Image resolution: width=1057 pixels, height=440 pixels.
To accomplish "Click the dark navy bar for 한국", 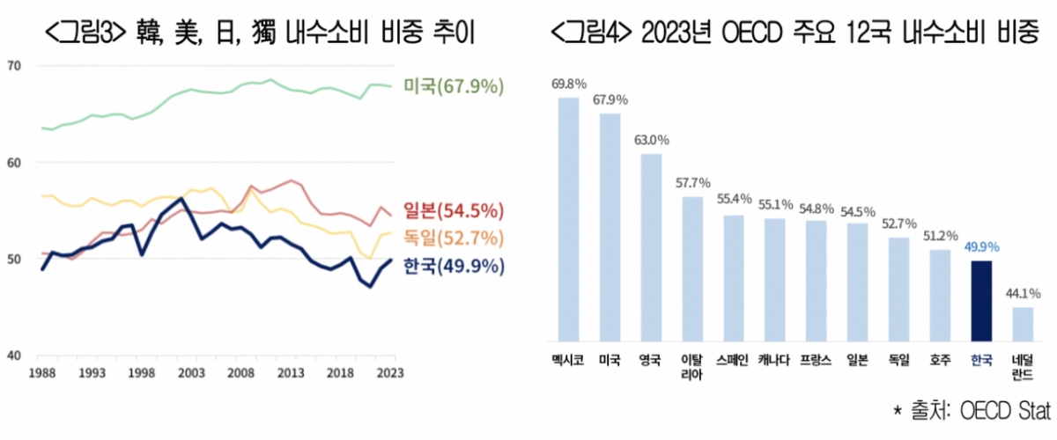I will [980, 301].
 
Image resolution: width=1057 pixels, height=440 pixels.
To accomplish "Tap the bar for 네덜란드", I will [1022, 324].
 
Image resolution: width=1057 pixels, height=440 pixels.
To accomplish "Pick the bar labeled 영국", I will [651, 247].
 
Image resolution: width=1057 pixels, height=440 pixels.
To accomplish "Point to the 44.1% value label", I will [1022, 294].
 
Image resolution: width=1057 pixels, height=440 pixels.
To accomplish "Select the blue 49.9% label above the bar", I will [980, 247].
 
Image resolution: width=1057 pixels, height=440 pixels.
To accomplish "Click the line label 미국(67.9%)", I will [454, 86].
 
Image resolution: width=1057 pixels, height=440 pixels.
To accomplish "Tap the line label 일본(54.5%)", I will [454, 211].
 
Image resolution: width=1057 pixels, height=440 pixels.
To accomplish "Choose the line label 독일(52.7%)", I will [454, 238].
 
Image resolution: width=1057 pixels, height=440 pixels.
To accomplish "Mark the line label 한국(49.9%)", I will [454, 266].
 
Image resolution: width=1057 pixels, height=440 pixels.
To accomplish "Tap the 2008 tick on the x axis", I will [242, 373].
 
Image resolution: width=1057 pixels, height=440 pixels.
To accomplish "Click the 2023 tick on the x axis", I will [390, 373].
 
